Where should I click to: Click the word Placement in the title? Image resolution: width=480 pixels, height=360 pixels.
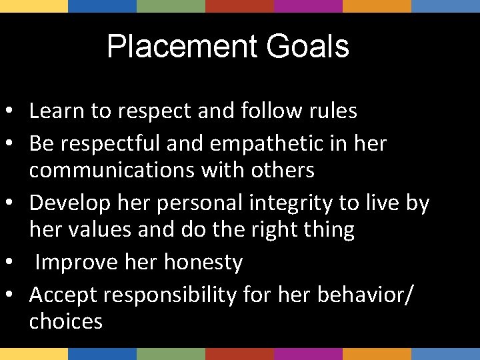179,47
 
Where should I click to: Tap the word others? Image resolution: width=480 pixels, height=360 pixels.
283,170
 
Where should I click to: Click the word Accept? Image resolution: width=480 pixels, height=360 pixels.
63,294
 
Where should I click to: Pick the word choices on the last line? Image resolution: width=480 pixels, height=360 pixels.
66,321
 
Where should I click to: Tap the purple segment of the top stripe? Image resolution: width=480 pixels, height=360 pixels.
308,6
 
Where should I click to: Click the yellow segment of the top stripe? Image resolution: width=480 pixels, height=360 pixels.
34,6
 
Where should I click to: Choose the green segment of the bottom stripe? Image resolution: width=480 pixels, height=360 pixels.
171,354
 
